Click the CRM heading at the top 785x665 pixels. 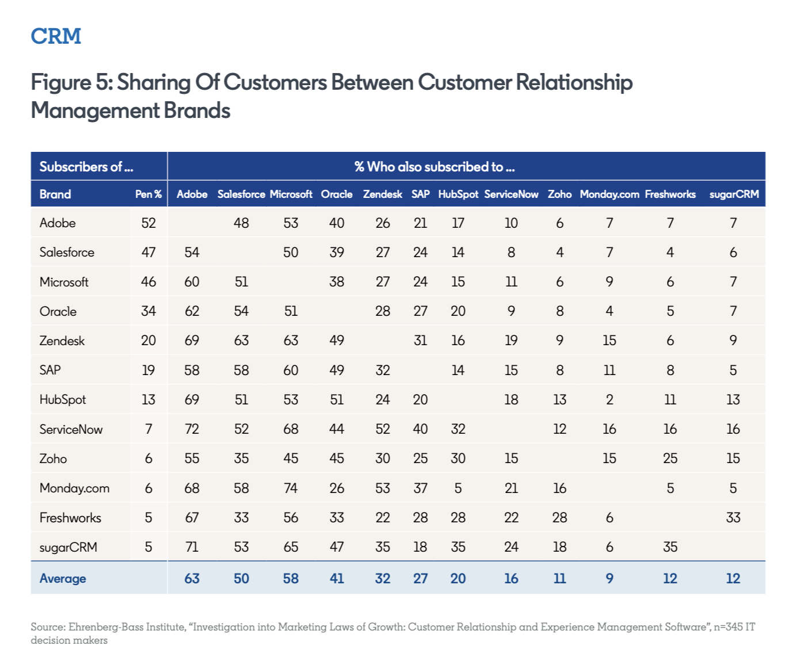pos(56,36)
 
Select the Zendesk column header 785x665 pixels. pos(382,194)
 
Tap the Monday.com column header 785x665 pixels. pos(609,194)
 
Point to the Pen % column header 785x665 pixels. pos(148,194)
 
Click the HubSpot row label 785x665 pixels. pos(63,400)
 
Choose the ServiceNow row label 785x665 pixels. pos(71,429)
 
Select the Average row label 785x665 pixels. pos(63,579)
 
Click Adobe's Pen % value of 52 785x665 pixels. pos(148,223)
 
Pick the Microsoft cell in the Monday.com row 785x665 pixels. pos(291,488)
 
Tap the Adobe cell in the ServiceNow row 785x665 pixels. pos(192,429)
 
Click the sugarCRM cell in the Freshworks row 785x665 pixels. pos(733,518)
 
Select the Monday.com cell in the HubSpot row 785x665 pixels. pos(609,400)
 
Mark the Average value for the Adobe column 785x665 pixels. pos(192,579)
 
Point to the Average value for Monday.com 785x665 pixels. pos(609,579)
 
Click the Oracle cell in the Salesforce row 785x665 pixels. pos(337,253)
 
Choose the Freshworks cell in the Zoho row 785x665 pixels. pos(670,458)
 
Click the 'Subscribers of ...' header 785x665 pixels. pos(86,167)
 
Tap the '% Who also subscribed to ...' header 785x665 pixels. pos(435,167)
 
